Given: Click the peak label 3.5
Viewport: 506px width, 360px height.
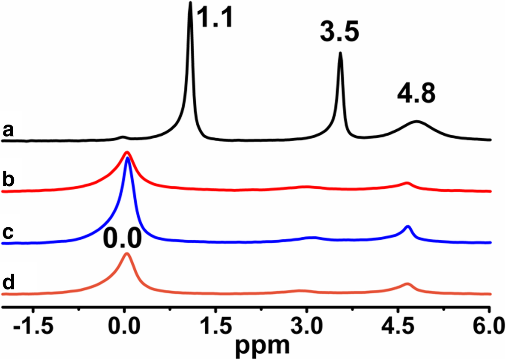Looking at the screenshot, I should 339,33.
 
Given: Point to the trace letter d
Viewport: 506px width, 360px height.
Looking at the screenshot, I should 9,284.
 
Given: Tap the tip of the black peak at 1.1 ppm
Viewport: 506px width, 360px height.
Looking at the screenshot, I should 190,3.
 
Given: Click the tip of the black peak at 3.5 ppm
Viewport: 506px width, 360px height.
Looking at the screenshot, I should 341,53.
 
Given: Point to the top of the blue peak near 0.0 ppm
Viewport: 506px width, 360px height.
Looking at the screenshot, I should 128,158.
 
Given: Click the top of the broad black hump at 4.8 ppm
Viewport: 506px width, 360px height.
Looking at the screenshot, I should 416,122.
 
